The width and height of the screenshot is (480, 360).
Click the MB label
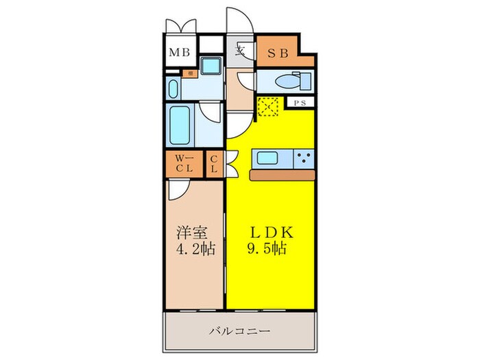click(180, 52)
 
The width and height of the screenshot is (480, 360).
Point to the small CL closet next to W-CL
click(214, 165)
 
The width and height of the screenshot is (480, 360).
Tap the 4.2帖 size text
click(193, 250)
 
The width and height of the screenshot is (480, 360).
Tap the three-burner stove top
click(302, 159)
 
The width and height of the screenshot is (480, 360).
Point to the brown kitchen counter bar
click(282, 175)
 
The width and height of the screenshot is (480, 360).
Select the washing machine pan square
click(211, 69)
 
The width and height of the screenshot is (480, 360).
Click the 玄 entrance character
click(241, 49)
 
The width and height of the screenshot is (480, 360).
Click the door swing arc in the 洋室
click(177, 192)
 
